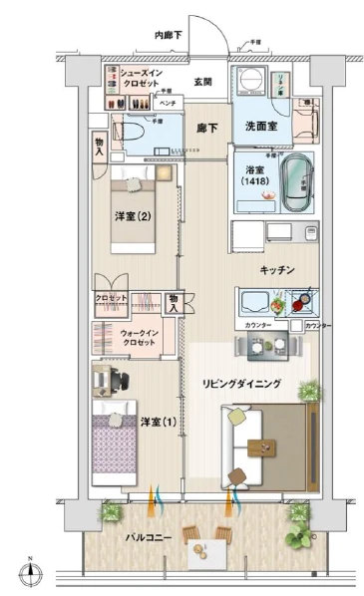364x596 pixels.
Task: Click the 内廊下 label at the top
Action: tap(170, 35)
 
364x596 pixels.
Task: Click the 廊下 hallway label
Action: tap(206, 129)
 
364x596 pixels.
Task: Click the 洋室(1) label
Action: tap(158, 423)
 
